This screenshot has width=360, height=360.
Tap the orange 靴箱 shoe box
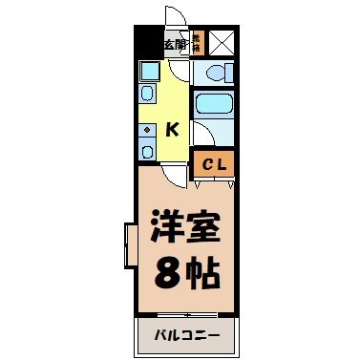point(197,44)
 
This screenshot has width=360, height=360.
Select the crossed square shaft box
point(222,44)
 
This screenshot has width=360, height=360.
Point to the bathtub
point(212,104)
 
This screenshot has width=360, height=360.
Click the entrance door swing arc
point(175,17)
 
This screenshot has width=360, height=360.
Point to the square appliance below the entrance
point(149,70)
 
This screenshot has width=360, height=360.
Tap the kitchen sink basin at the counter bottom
point(146,151)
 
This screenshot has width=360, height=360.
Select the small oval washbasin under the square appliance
point(148,93)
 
